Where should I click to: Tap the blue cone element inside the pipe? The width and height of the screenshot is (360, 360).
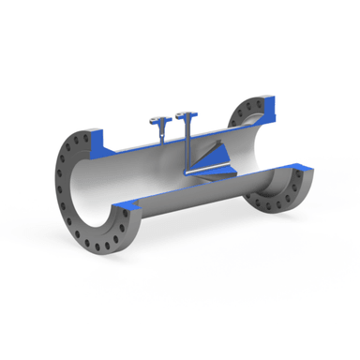[x=217, y=158]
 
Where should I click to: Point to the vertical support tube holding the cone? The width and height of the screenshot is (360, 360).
[x=187, y=150]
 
